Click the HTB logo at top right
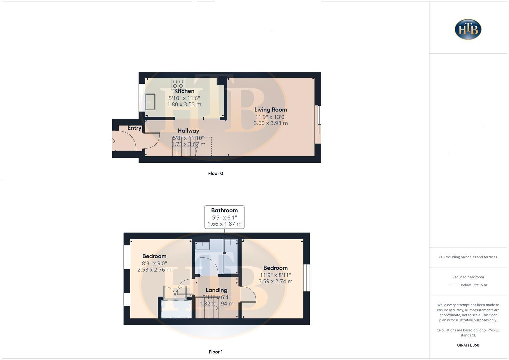point(468,29)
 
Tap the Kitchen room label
point(184,91)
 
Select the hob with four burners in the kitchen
point(178,84)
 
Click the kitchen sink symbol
point(150,102)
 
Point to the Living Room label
point(270,110)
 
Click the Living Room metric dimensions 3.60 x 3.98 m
point(270,123)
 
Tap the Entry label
point(134,128)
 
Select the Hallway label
point(188,131)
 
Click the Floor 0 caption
point(215,173)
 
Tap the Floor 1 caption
point(215,352)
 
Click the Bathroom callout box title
point(224,210)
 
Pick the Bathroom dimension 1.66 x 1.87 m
point(224,224)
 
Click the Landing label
point(216,290)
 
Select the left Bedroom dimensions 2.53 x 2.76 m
point(154,270)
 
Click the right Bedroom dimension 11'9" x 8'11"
point(275,275)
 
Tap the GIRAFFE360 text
point(468,345)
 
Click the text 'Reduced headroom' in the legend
point(468,277)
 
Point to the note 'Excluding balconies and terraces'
point(468,257)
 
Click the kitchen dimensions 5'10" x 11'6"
point(184,98)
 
